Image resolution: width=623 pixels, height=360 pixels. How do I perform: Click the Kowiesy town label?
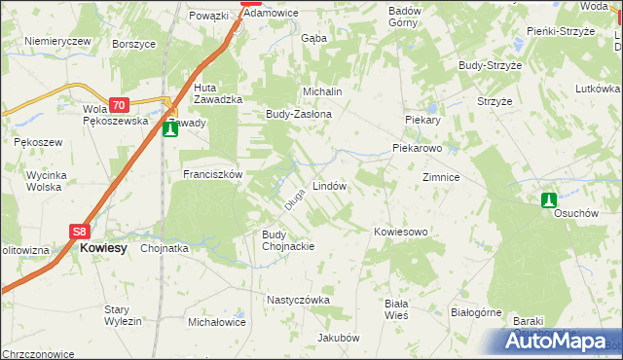(x=103, y=248)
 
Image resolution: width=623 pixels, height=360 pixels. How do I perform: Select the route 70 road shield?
(x=118, y=105)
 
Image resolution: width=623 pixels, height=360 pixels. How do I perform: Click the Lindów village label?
(x=329, y=185)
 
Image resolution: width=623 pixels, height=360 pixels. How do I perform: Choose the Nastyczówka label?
(x=299, y=300)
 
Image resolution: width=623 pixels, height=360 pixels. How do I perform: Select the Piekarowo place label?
(x=417, y=149)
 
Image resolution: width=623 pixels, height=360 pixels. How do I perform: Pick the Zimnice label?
(x=440, y=178)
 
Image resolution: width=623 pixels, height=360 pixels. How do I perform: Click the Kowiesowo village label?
(x=401, y=232)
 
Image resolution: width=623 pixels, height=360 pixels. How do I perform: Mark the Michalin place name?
(x=323, y=90)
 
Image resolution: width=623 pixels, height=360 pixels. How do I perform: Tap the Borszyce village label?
(x=133, y=45)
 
